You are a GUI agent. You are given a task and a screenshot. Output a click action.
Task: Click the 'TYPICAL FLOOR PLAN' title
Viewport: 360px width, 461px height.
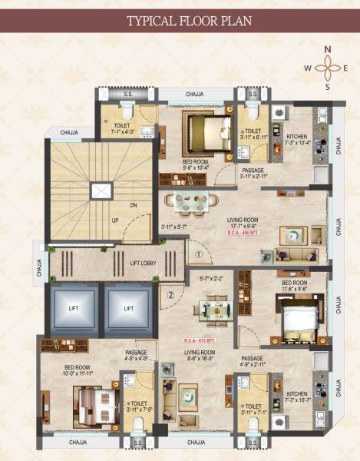click(x=180, y=20)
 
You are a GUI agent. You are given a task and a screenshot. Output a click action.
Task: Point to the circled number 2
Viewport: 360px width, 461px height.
click(x=171, y=292)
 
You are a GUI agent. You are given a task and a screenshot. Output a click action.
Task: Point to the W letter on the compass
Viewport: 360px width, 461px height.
click(x=308, y=68)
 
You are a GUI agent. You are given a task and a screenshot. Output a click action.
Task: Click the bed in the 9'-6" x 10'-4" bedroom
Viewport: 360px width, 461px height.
click(x=205, y=129)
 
